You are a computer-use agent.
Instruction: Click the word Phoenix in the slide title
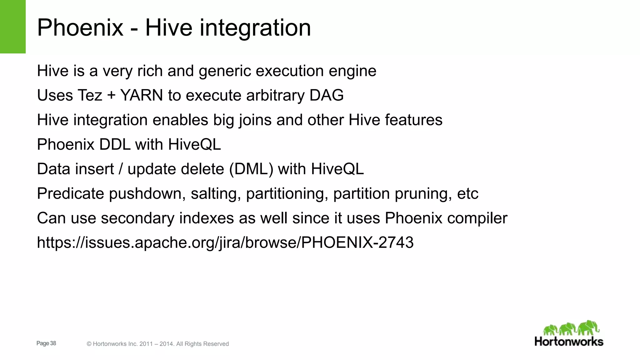80,28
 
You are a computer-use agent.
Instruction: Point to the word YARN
142,95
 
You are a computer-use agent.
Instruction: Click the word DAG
326,95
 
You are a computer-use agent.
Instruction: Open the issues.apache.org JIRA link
225,243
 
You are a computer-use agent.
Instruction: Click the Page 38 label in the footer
46,343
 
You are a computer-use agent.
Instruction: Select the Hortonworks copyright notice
158,344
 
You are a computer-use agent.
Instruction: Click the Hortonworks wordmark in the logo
569,342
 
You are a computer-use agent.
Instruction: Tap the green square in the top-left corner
13,27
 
